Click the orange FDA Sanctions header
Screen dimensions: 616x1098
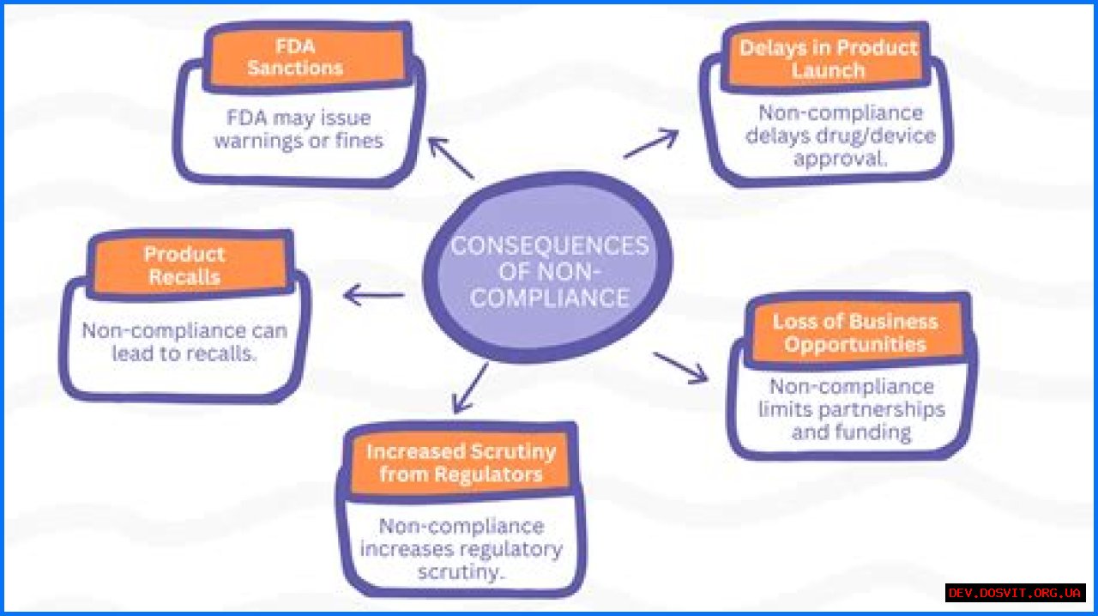point(296,57)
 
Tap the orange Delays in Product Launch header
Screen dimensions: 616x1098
point(828,58)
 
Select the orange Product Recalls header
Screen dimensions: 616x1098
point(185,265)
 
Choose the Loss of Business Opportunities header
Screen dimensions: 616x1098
point(855,333)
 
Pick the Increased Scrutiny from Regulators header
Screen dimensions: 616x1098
point(461,462)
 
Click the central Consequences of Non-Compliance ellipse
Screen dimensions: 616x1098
point(549,270)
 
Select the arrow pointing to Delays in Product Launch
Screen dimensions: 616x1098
point(651,144)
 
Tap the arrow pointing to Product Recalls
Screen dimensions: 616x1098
point(373,296)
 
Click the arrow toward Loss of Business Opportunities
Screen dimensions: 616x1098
point(681,366)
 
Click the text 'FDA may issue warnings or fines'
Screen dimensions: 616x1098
point(299,130)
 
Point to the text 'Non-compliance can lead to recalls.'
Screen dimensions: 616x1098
point(184,341)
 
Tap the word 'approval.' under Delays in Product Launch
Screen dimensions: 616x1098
point(840,159)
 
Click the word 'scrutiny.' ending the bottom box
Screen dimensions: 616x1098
point(461,571)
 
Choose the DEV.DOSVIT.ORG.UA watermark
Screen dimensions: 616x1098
point(1015,593)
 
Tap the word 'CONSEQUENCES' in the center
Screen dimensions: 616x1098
point(550,245)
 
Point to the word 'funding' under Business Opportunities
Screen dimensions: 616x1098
point(874,432)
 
